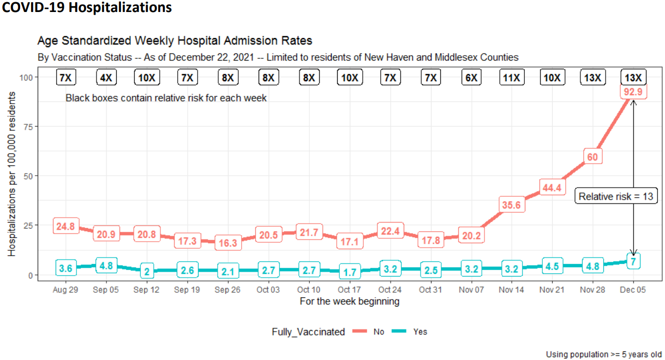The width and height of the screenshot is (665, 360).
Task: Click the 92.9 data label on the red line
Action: click(633, 92)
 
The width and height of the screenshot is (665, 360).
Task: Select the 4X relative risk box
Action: click(106, 77)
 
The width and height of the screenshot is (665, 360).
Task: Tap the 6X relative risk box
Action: click(471, 77)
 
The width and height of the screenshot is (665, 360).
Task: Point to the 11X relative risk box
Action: click(512, 77)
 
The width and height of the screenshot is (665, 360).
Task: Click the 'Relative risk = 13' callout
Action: click(616, 196)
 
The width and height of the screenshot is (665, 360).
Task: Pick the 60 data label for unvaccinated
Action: click(592, 157)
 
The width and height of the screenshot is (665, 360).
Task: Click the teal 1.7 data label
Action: click(350, 272)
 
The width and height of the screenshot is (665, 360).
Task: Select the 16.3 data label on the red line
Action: click(228, 243)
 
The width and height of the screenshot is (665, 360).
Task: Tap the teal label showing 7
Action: click(633, 261)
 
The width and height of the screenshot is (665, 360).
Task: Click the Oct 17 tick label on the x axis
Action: click(350, 290)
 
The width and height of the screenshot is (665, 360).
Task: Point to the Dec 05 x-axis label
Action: click(633, 290)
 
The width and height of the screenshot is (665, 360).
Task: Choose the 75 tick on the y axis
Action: click(28, 127)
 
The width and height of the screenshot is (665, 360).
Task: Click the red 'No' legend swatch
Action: click(360, 331)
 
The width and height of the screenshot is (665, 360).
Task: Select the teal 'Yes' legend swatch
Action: click(399, 331)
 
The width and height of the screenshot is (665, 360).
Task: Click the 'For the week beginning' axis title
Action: click(350, 301)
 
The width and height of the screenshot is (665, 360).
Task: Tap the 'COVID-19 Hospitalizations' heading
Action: click(87, 7)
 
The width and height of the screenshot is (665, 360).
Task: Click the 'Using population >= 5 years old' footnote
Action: click(604, 355)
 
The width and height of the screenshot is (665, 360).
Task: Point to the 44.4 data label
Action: click(552, 188)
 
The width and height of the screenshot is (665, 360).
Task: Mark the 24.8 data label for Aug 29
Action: click(65, 226)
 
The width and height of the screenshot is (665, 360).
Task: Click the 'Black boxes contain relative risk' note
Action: click(166, 98)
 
